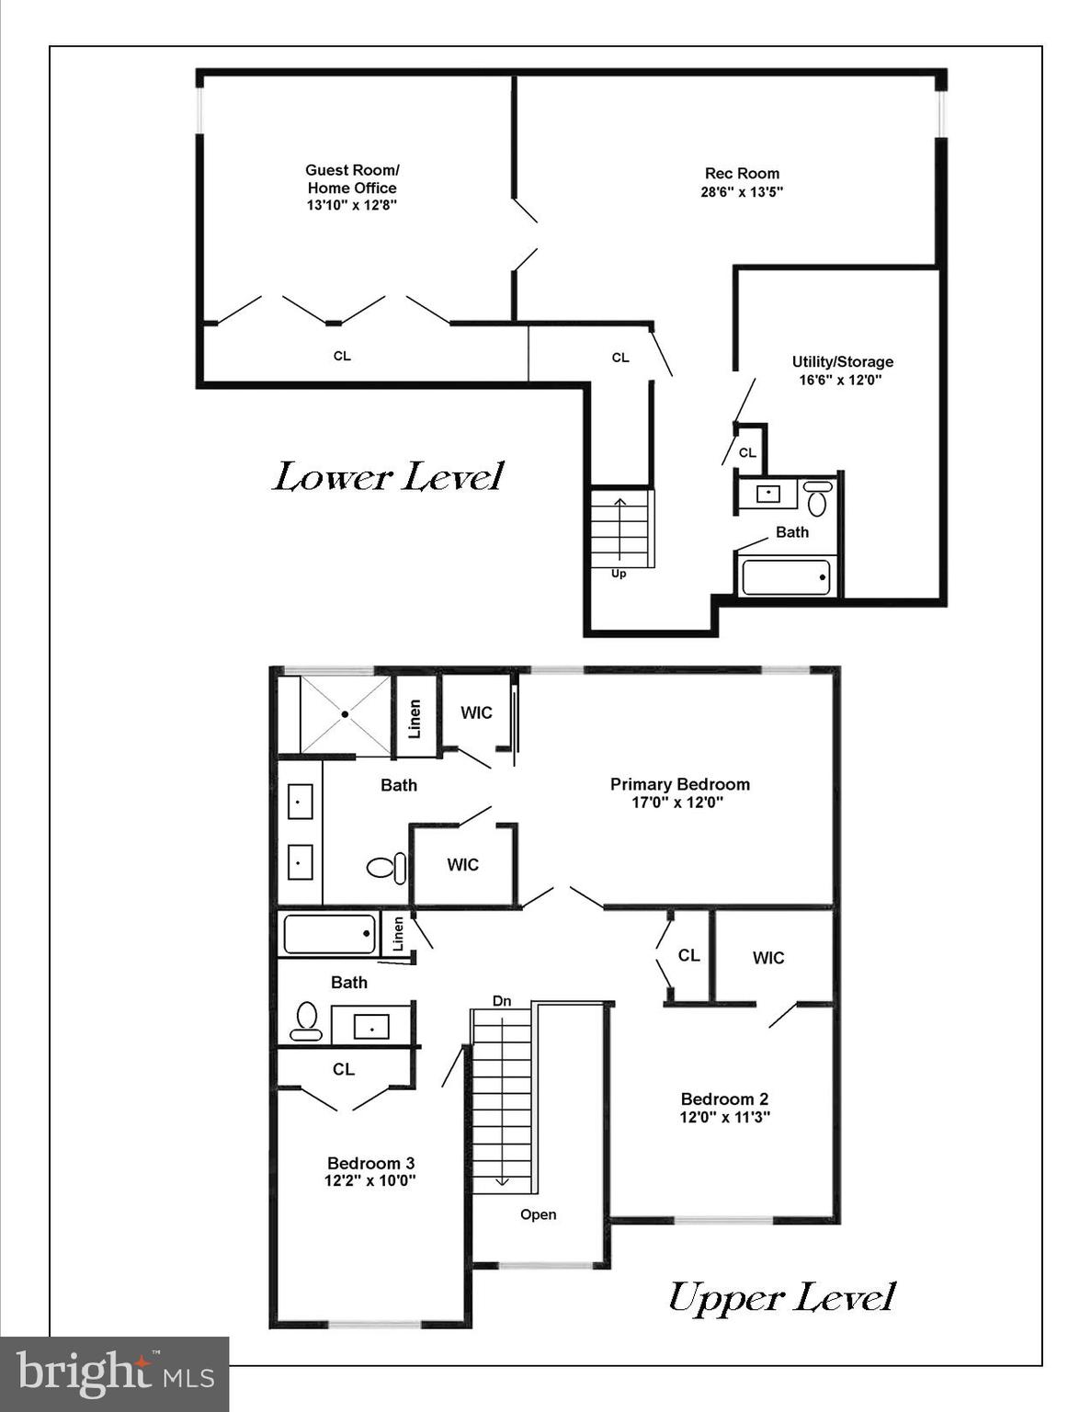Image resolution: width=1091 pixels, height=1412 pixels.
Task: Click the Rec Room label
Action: (x=742, y=174)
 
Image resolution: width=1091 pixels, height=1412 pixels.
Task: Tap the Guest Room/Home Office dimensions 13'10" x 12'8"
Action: (x=352, y=205)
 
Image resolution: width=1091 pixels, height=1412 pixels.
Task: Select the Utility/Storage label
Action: (x=842, y=362)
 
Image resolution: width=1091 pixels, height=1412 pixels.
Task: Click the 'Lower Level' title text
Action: (x=388, y=477)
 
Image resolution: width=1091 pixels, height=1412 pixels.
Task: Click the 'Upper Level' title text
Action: (x=780, y=1298)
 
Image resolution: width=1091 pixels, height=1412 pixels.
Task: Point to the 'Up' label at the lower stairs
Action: (x=619, y=574)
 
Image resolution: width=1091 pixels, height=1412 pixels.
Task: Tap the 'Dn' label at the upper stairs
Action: (x=502, y=1001)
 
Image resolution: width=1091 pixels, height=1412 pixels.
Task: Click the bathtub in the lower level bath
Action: (x=786, y=577)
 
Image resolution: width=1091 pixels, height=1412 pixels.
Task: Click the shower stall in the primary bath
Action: (x=346, y=714)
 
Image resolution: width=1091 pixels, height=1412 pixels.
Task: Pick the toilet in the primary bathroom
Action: (x=386, y=867)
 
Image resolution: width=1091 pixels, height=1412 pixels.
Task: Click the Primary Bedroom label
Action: (x=679, y=784)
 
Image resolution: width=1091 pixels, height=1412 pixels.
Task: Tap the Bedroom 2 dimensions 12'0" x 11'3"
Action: (x=724, y=1118)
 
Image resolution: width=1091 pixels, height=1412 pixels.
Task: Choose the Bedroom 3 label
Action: (x=370, y=1163)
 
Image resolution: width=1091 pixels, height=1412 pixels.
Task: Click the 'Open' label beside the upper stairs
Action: (x=538, y=1214)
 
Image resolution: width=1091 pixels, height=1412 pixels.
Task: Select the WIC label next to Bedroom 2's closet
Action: (x=768, y=958)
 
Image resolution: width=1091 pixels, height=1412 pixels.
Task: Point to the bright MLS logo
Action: (x=114, y=1374)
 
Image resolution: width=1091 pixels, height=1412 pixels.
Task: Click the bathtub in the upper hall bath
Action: (x=329, y=934)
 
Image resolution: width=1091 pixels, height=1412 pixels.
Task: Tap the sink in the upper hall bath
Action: (x=370, y=1026)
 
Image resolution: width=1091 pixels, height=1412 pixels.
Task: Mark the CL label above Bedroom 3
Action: (x=344, y=1069)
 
